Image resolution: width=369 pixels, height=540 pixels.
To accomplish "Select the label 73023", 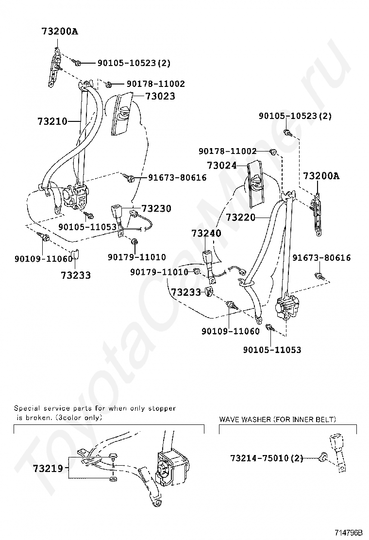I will pyautogui.click(x=159, y=96).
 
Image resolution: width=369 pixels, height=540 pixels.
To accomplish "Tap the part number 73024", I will pyautogui.click(x=221, y=166).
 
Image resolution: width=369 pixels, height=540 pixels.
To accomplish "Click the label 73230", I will pyautogui.click(x=156, y=209).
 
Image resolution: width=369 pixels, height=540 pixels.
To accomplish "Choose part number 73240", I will pyautogui.click(x=206, y=233).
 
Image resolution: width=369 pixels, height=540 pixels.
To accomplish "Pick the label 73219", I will pyautogui.click(x=49, y=469).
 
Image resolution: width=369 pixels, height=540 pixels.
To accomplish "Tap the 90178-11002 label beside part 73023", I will pyautogui.click(x=155, y=84).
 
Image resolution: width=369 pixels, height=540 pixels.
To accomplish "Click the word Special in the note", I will pyautogui.click(x=27, y=408).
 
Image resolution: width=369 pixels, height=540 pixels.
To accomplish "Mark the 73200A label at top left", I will pyautogui.click(x=60, y=32).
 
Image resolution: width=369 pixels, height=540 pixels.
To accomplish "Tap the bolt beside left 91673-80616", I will pyautogui.click(x=130, y=178).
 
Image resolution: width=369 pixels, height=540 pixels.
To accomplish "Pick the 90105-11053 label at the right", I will pyautogui.click(x=272, y=350).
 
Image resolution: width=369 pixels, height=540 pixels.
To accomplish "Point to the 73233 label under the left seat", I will pyautogui.click(x=76, y=275).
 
